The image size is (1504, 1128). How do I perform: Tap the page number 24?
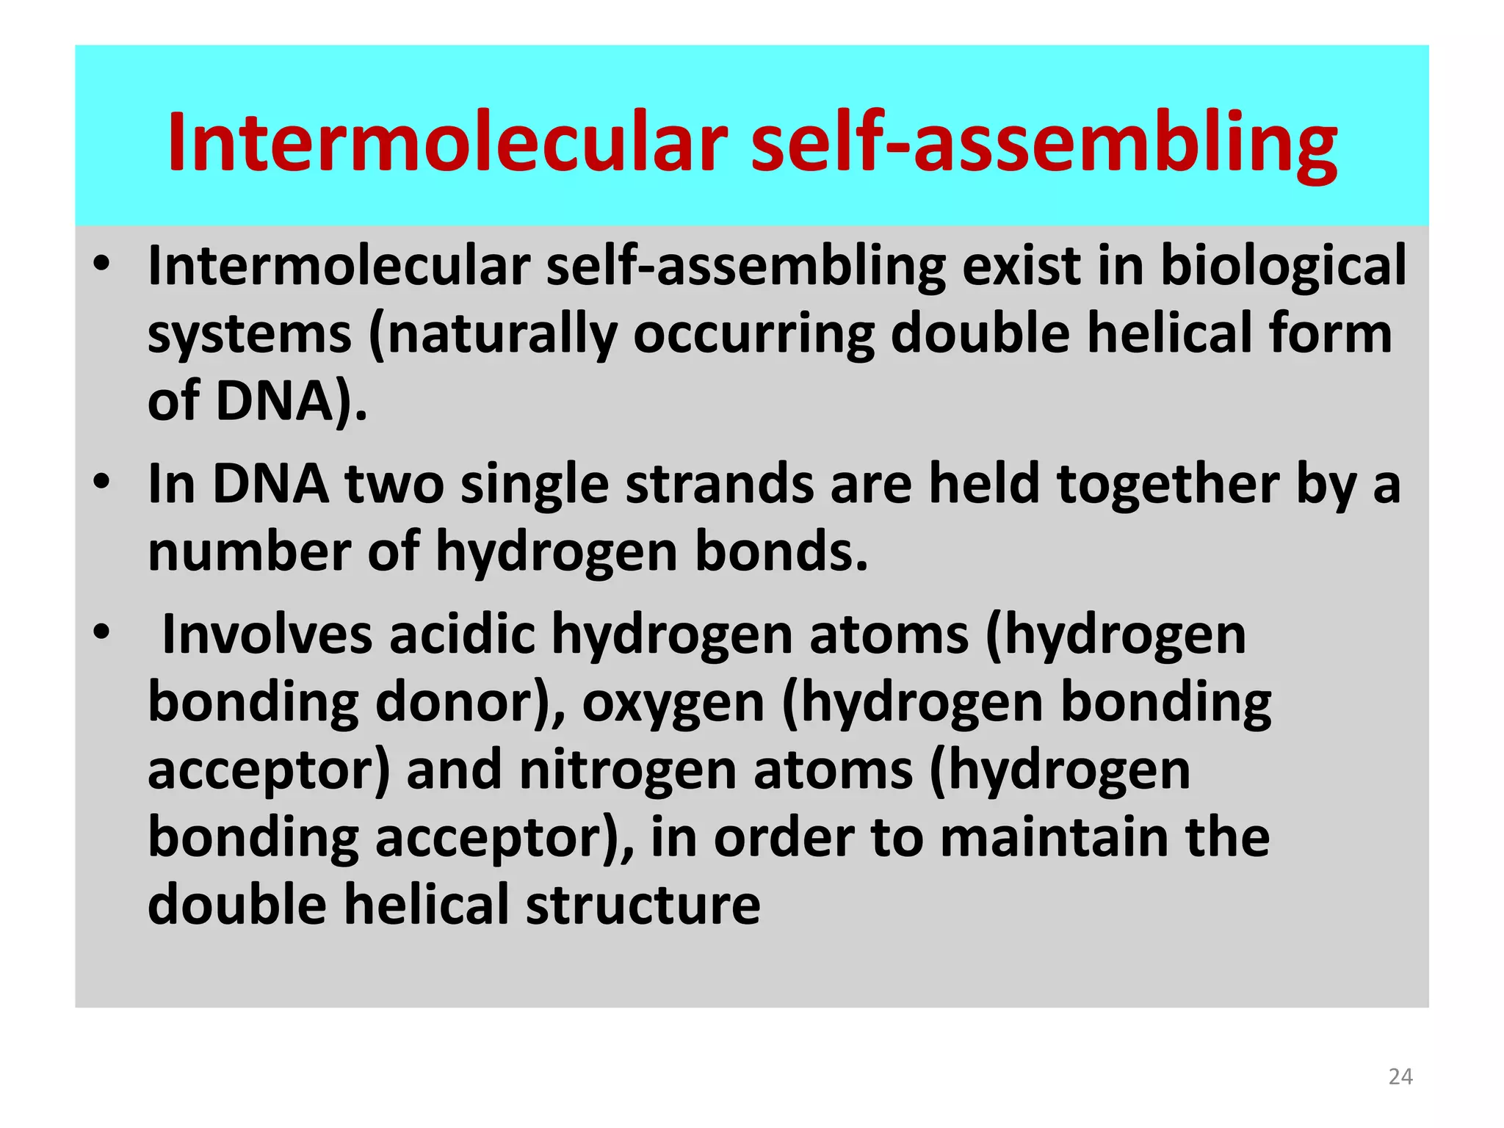coord(1400,1077)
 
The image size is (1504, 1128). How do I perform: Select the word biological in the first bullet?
coord(1283,266)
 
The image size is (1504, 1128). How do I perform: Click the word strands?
coord(719,485)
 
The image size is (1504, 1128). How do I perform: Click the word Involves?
coord(267,634)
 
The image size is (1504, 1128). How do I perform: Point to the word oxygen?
coord(673,704)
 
